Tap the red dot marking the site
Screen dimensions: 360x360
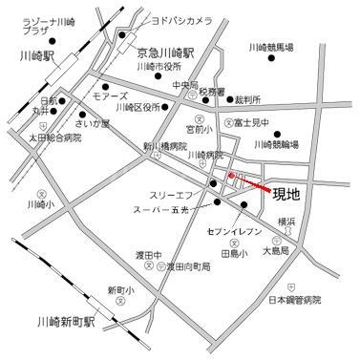coord(231,176)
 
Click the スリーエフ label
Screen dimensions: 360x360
coord(171,193)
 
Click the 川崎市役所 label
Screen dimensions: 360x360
coord(159,68)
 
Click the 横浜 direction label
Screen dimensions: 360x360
coord(286,221)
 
